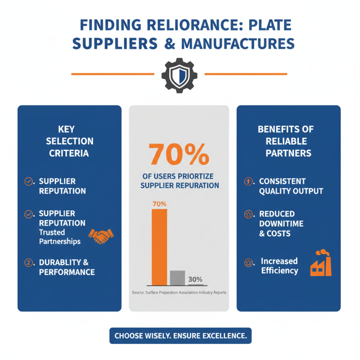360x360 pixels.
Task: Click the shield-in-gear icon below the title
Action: tap(179, 75)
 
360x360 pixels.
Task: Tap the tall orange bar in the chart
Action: tap(159, 247)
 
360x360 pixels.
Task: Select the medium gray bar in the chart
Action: tap(177, 278)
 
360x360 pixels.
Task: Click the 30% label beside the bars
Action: tap(195, 279)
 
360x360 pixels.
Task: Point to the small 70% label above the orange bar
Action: tap(160, 204)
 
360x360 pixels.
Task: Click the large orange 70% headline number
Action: tap(179, 154)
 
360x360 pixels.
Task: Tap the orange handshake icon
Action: tap(101, 236)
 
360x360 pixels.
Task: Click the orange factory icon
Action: tap(321, 263)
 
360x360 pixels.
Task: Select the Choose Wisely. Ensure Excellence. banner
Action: tap(180, 336)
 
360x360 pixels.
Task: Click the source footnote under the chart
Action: tap(179, 292)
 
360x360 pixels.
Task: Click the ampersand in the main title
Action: tap(170, 44)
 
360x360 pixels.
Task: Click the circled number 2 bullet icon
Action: tap(28, 262)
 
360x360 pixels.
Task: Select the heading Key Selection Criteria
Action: tap(69, 141)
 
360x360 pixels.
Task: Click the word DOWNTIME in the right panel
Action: tap(281, 224)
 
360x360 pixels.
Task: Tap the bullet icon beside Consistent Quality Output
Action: tap(248, 182)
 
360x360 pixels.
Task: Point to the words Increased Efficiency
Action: tap(279, 265)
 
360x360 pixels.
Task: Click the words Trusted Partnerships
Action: tap(60, 237)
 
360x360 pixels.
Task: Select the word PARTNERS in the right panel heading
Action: tap(288, 153)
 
